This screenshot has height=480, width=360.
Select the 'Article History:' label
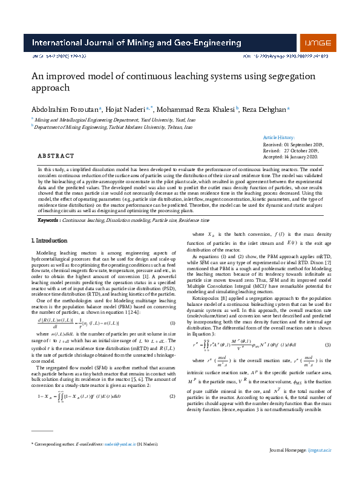click(x=280, y=138)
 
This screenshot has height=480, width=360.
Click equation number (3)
click(x=328, y=344)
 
